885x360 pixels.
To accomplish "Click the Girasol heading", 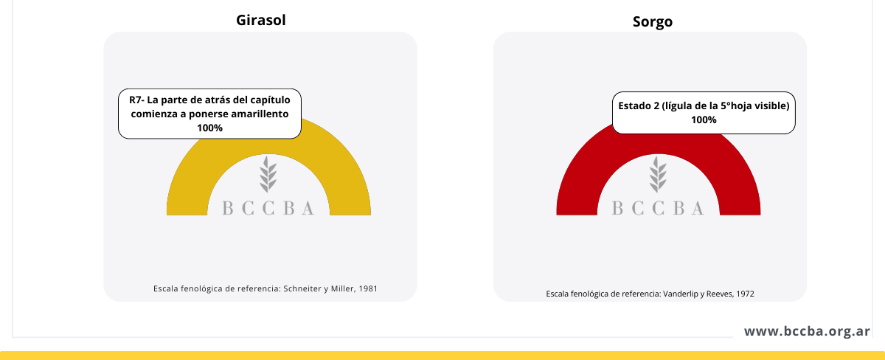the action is click(x=261, y=20).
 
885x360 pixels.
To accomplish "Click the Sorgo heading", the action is click(x=652, y=21).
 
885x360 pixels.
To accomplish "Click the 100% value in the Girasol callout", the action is click(x=209, y=128).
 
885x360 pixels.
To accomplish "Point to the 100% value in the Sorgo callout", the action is click(x=704, y=120).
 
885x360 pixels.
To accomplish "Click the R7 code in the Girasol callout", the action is click(x=136, y=100).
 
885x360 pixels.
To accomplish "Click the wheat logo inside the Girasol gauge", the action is click(x=268, y=174).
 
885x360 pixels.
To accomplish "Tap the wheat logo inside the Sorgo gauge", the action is click(x=658, y=174).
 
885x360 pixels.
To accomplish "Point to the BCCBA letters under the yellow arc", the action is click(x=268, y=208).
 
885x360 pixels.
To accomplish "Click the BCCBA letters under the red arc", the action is click(x=658, y=208).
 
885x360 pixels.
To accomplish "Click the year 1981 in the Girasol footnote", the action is click(x=368, y=289).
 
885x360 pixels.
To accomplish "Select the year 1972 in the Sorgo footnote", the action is click(x=745, y=294).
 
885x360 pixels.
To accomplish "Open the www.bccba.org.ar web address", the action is click(x=807, y=331).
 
